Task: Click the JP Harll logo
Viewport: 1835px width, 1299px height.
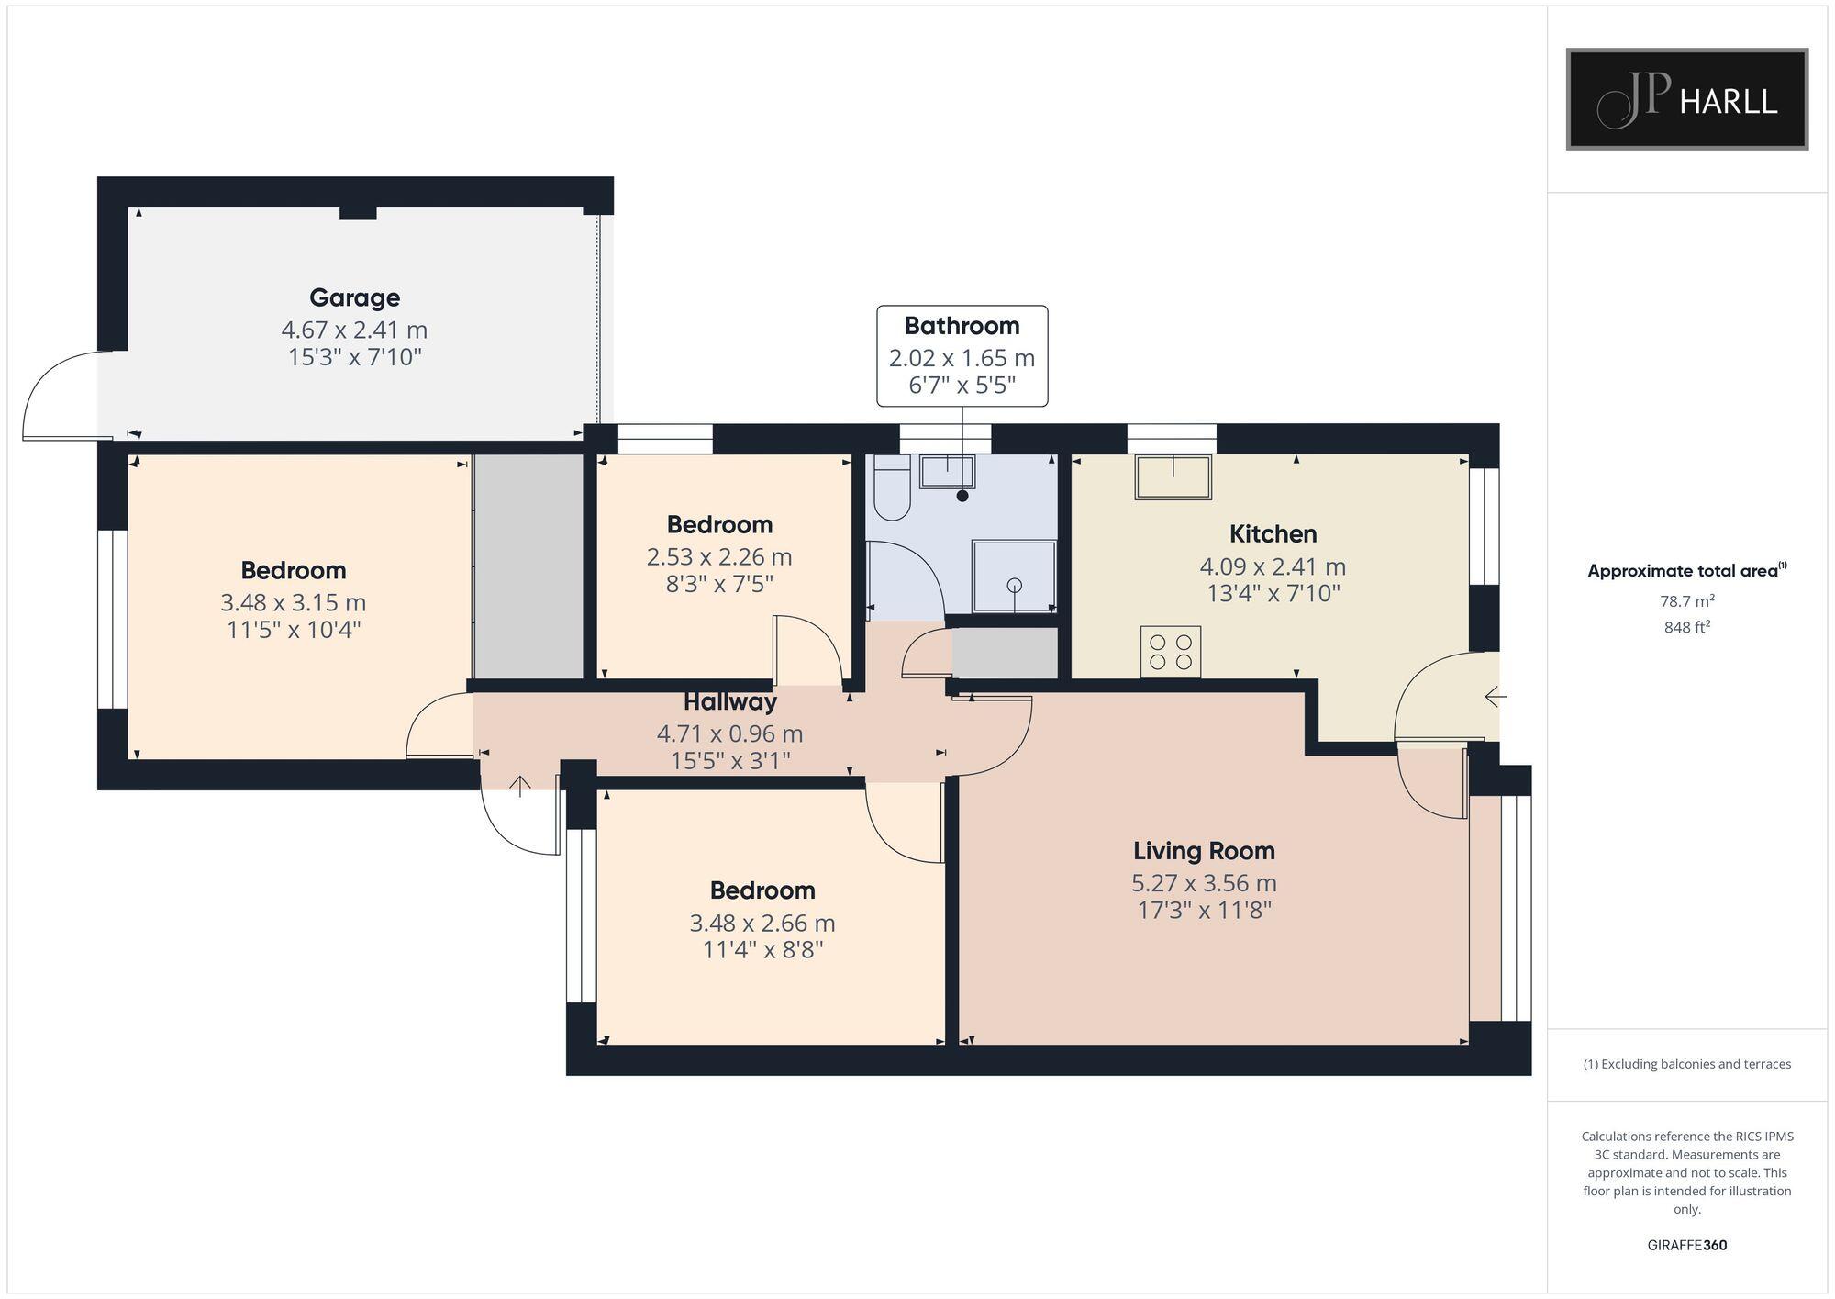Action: pos(1686,99)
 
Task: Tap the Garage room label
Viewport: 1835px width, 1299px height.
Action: pos(354,297)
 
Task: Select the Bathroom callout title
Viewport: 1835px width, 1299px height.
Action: pos(962,326)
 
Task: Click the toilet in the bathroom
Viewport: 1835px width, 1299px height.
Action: pos(891,488)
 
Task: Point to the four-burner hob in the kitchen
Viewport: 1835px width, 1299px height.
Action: pos(1171,652)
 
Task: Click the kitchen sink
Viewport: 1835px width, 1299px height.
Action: pos(1173,476)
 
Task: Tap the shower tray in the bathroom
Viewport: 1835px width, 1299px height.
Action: pos(1014,577)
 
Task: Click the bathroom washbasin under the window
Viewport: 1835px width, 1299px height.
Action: pos(947,472)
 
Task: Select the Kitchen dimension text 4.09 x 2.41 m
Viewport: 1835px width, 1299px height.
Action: pos(1273,566)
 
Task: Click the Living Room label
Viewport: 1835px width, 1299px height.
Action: pos(1204,851)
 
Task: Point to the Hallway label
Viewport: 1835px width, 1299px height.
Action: pos(730,702)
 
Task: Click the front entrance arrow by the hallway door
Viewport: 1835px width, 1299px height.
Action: pos(520,786)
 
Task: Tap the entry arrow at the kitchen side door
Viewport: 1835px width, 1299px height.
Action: pos(1495,698)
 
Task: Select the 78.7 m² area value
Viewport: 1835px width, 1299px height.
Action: pos(1686,601)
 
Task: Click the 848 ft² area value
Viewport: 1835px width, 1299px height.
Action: pos(1686,628)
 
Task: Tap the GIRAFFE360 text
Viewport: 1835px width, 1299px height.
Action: pos(1686,1246)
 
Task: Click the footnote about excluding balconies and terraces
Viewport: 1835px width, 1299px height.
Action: pos(1686,1065)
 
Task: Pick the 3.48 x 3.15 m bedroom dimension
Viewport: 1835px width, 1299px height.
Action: pos(293,603)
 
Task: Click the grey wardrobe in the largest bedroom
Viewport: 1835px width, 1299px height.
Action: pos(528,566)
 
